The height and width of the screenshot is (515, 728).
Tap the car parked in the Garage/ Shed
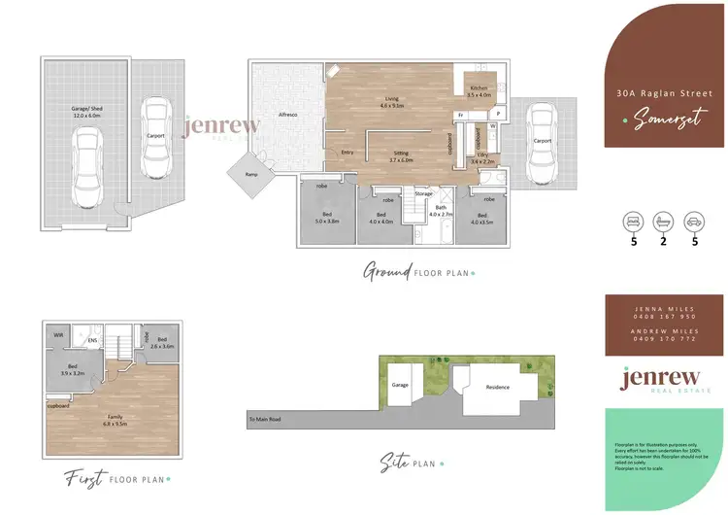click(88, 166)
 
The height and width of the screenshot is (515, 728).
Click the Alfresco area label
click(287, 115)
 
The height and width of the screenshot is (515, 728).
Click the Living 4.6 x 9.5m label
click(393, 101)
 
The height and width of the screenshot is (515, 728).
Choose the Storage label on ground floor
click(423, 193)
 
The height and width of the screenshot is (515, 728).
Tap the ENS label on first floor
click(93, 341)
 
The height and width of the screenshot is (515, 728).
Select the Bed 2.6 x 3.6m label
click(162, 343)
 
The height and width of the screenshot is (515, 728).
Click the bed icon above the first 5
click(634, 221)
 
